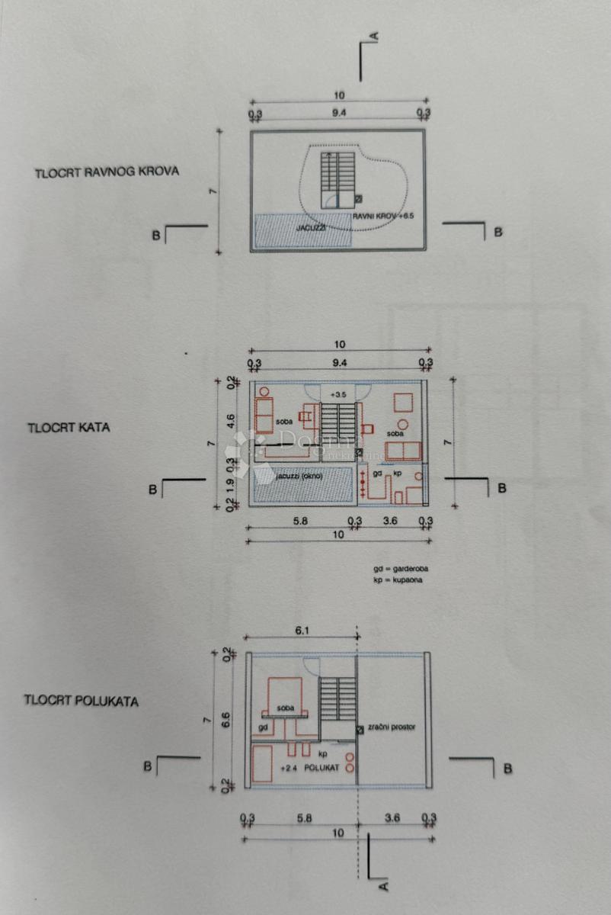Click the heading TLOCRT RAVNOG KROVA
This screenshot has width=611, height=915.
107,172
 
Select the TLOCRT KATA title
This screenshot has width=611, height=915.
69,427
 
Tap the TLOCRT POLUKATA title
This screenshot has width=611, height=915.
82,700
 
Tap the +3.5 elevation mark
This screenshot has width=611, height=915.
337,394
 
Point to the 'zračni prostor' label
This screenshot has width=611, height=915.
392,728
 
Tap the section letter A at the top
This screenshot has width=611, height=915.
375,35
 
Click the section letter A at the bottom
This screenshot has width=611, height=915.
383,886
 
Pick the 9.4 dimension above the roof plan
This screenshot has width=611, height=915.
338,113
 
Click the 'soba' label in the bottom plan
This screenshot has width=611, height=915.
286,708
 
